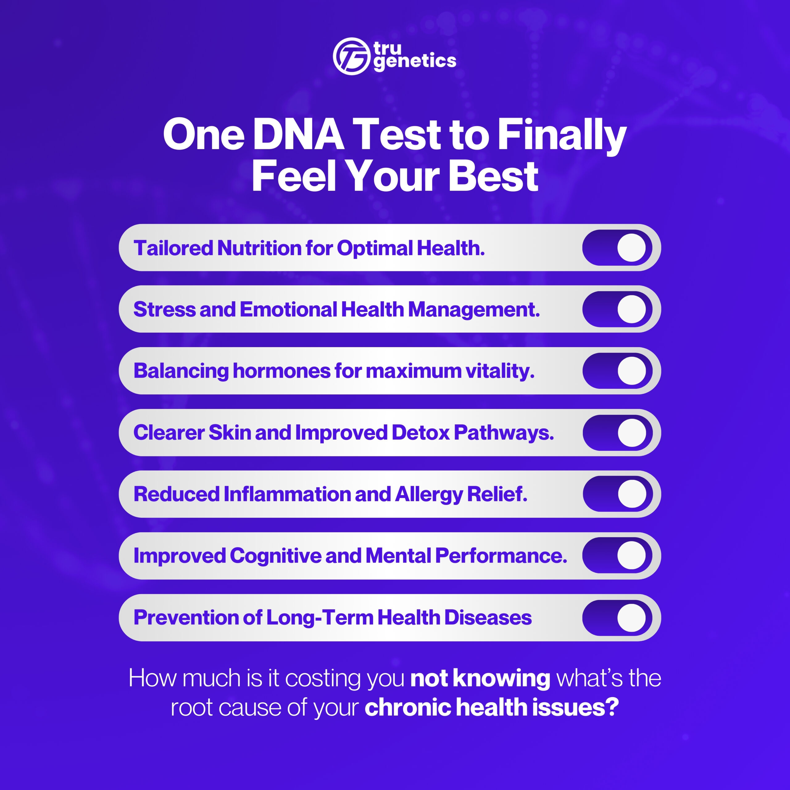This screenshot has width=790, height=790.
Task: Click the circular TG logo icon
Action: click(351, 56)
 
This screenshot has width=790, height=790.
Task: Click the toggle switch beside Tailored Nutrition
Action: click(617, 247)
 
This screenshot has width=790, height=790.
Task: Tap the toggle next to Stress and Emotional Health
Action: click(617, 309)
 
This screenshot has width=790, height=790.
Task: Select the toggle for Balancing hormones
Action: click(617, 371)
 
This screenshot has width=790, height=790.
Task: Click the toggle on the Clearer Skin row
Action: click(617, 433)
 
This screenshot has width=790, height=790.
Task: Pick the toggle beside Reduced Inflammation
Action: click(617, 494)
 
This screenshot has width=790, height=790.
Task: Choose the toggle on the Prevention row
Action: click(617, 617)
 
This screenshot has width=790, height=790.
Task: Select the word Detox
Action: click(420, 433)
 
